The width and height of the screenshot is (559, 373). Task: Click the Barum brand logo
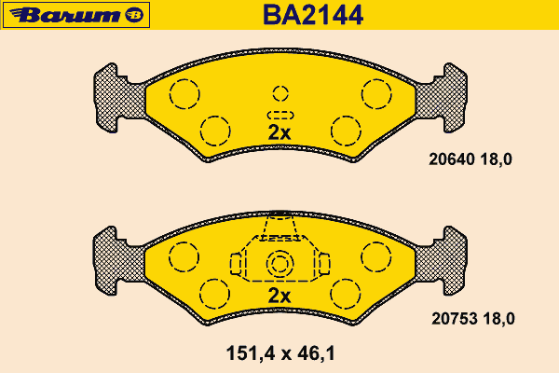(76, 15)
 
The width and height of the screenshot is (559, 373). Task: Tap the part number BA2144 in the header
(313, 15)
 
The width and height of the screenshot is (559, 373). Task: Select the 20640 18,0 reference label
(470, 159)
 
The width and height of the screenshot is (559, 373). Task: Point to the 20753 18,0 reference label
(473, 318)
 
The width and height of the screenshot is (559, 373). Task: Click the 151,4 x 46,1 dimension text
(280, 353)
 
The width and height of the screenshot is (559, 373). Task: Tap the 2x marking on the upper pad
(279, 132)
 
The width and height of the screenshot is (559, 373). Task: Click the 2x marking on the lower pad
(279, 296)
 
